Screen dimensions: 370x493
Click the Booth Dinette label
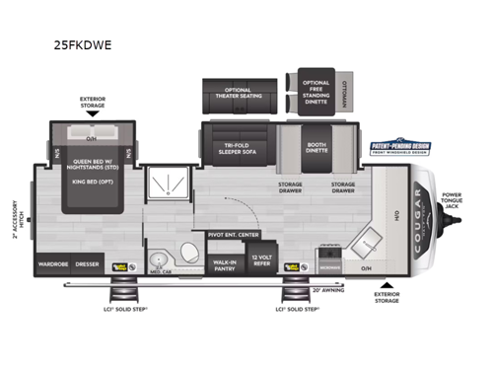point(317,149)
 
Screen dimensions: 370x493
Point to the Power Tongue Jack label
point(451,200)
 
